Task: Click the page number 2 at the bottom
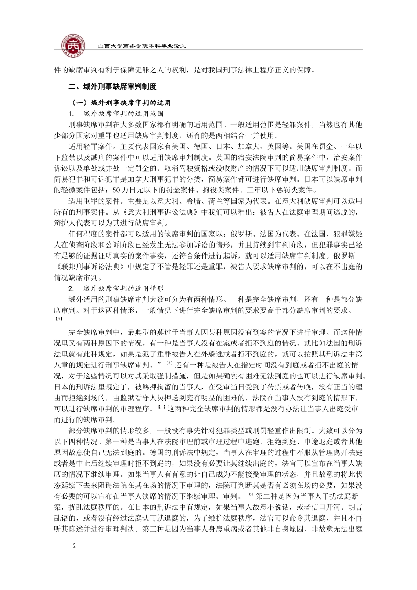pos(74,546)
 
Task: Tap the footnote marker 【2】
pos(58,319)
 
